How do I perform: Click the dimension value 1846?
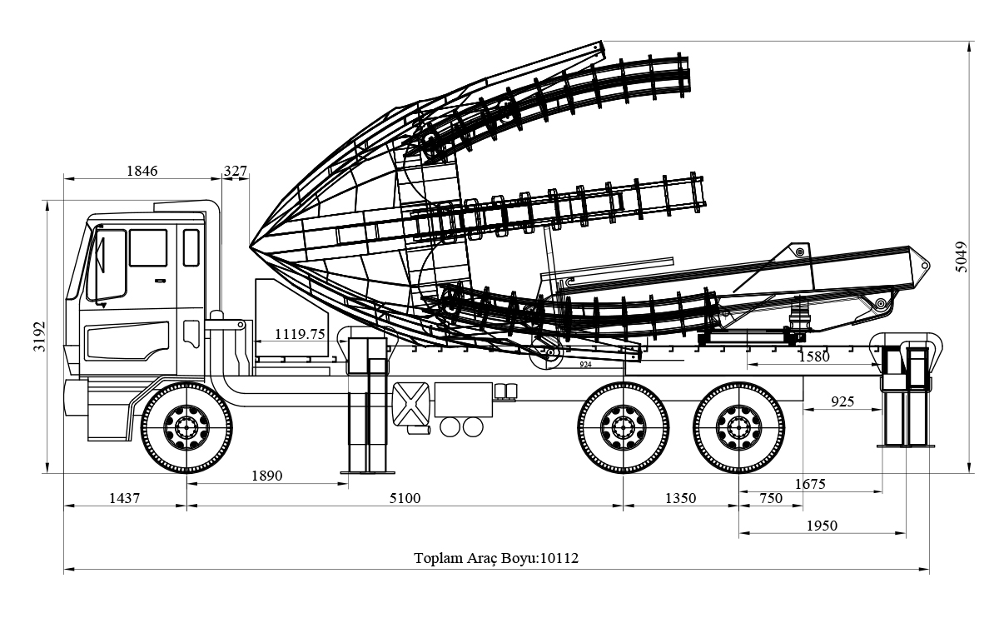click(142, 171)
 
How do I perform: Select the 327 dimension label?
click(236, 171)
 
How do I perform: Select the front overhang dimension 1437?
click(124, 498)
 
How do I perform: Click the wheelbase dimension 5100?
click(405, 498)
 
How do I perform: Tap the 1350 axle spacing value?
click(679, 498)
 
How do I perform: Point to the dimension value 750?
click(771, 498)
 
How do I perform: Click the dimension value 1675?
click(809, 483)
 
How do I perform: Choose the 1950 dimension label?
click(821, 525)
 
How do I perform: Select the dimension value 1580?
click(813, 356)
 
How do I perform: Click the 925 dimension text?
click(842, 401)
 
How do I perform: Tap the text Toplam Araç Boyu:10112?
click(496, 558)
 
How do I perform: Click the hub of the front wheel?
click(186, 426)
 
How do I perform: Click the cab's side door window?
click(148, 247)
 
